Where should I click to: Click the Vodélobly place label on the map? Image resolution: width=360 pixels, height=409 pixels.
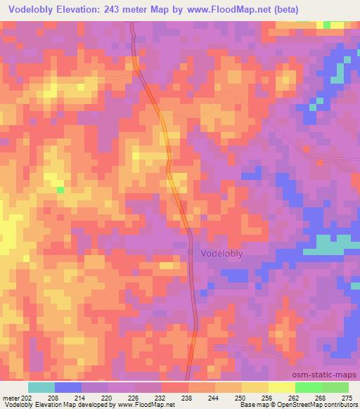(217, 256)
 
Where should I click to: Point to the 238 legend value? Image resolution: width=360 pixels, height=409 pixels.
(188, 398)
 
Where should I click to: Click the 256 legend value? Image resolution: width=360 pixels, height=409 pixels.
(268, 398)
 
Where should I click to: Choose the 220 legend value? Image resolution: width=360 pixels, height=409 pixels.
(108, 398)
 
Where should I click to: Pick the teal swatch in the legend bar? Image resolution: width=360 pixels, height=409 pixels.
(41, 387)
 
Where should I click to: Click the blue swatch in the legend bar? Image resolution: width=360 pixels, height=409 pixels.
(68, 387)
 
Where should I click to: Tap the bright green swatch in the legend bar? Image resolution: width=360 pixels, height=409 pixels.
(309, 387)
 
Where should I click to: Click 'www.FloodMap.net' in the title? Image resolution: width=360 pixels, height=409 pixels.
(219, 10)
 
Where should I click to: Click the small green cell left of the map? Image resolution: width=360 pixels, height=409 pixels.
(60, 189)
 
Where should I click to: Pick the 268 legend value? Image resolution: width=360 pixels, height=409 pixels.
(321, 398)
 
